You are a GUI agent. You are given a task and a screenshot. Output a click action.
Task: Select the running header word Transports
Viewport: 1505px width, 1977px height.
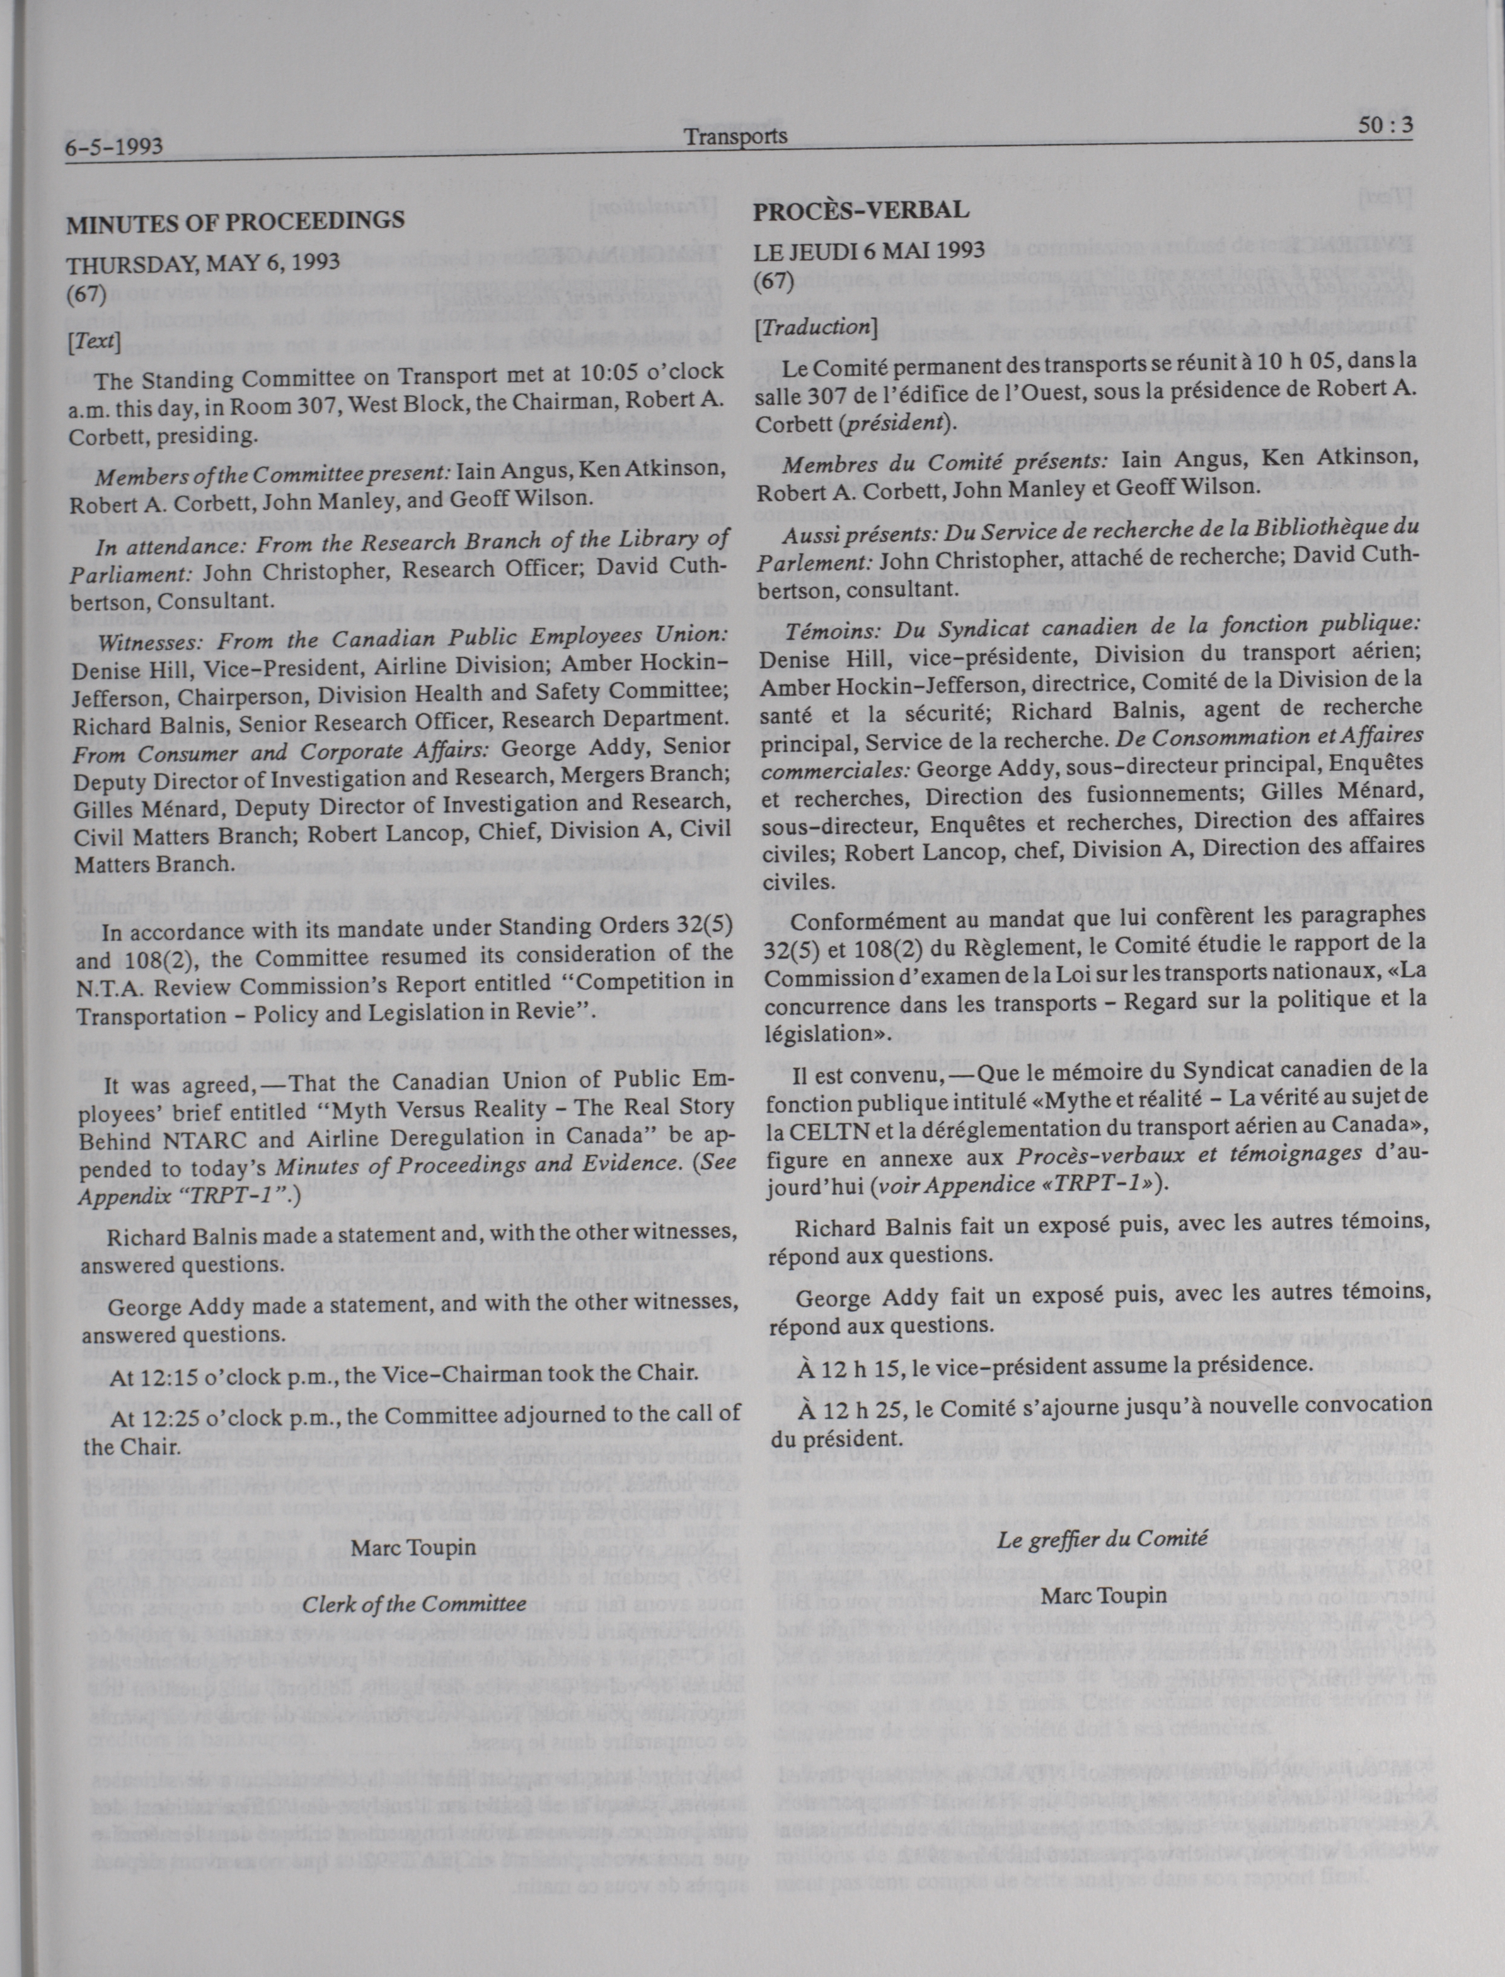735,136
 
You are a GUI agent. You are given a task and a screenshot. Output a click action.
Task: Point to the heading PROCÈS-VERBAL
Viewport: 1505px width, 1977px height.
861,211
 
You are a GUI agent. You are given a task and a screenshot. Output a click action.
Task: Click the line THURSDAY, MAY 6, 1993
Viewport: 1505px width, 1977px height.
204,263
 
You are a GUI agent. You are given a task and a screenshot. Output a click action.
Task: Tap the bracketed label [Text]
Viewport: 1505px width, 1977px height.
94,340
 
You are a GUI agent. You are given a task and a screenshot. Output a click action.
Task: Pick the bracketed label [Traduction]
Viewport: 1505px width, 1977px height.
814,328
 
